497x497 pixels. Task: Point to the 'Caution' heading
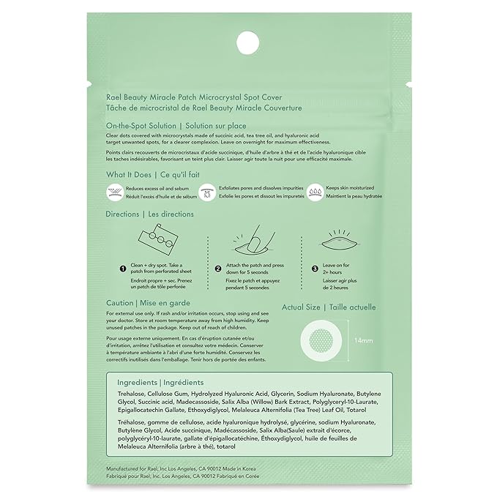tap(119, 303)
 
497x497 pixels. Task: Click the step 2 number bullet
tap(217, 269)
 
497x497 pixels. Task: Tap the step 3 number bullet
tap(315, 269)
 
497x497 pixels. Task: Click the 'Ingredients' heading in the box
tap(137, 383)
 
